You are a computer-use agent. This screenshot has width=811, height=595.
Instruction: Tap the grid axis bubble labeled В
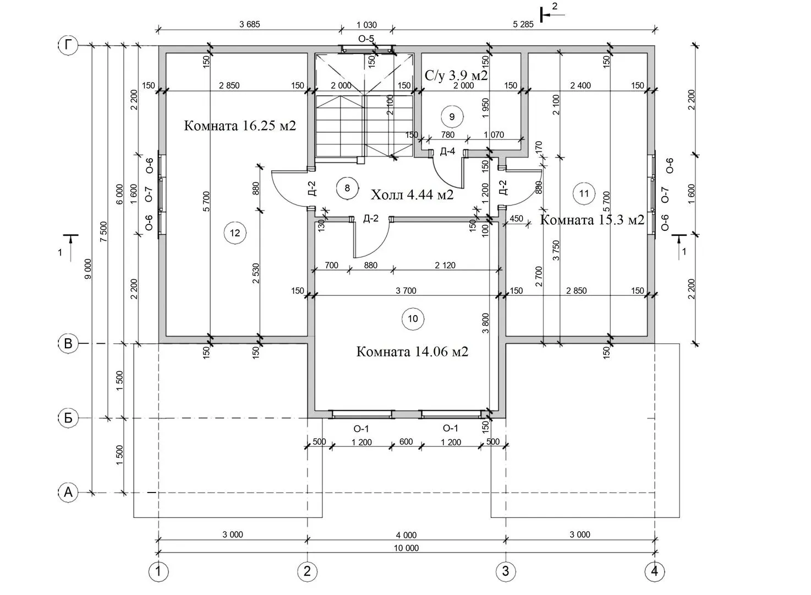click(x=68, y=344)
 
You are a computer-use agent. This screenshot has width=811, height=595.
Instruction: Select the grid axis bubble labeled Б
click(x=68, y=418)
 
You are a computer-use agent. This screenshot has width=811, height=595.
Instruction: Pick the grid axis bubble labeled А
click(x=68, y=492)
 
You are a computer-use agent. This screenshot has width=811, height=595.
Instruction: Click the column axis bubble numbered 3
click(x=506, y=571)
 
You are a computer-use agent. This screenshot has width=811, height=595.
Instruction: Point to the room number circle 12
click(x=235, y=233)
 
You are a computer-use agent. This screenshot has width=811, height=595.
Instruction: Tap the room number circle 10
click(x=413, y=318)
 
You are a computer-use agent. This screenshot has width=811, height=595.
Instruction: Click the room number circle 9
click(x=452, y=117)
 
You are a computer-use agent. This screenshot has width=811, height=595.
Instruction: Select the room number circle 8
click(x=347, y=188)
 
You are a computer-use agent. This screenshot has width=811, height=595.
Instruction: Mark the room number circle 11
click(x=584, y=193)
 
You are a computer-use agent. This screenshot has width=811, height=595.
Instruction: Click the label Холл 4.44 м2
click(x=412, y=195)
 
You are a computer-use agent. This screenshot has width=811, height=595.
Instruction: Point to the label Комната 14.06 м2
click(x=412, y=352)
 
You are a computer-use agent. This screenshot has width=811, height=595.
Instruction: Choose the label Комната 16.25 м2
click(x=240, y=126)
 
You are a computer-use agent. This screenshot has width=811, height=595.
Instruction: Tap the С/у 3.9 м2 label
click(x=456, y=75)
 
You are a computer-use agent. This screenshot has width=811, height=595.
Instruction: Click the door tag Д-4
click(x=447, y=152)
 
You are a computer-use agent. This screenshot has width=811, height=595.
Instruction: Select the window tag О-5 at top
click(x=366, y=39)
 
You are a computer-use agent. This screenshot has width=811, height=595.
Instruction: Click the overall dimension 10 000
click(x=406, y=548)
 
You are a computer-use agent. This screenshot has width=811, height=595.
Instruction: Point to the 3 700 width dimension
click(x=406, y=291)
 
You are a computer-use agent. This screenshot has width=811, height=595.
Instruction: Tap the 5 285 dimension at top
click(x=523, y=24)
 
